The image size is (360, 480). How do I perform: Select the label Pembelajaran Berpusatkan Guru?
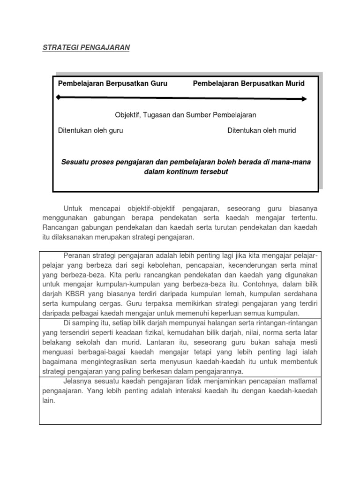pos(112,83)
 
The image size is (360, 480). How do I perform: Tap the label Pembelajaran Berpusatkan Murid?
pos(248,83)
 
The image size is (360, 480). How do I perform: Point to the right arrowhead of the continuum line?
pos(304,99)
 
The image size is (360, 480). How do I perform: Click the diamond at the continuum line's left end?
pos(58,97)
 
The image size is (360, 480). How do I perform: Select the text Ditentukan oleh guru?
pos(90,131)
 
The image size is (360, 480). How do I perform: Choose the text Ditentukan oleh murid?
pos(262,131)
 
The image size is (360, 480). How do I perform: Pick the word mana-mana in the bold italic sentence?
pos(293,162)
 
